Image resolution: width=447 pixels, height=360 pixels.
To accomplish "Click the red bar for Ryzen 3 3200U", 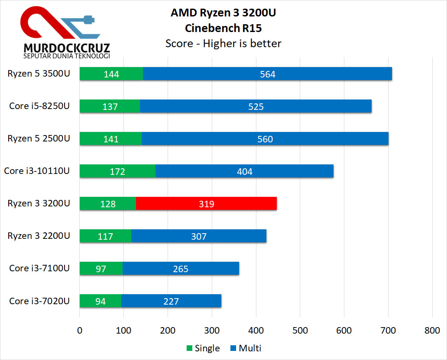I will pyautogui.click(x=206, y=203).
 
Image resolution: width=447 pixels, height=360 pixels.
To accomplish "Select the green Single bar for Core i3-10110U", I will pyautogui.click(x=117, y=171).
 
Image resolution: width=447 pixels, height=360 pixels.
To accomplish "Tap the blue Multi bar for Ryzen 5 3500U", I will pyautogui.click(x=267, y=74).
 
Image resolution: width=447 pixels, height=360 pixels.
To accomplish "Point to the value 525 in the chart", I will pyautogui.click(x=256, y=106).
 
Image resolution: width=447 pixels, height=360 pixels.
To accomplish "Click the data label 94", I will pyautogui.click(x=100, y=301).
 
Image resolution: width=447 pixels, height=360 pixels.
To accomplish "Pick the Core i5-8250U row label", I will pyautogui.click(x=39, y=106).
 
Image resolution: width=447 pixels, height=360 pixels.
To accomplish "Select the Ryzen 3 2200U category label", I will pyautogui.click(x=39, y=236).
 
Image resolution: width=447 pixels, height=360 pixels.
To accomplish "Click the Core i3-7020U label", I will pyautogui.click(x=39, y=301).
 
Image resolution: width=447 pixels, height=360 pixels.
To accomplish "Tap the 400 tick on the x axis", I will pyautogui.click(x=256, y=331).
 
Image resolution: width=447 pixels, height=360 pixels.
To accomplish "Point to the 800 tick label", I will pyautogui.click(x=432, y=331).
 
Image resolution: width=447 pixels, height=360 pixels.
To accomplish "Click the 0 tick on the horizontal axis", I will pyautogui.click(x=80, y=331).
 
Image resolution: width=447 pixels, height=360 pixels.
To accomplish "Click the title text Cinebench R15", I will pyautogui.click(x=223, y=28).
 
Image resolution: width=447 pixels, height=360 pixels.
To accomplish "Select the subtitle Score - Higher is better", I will pyautogui.click(x=223, y=43).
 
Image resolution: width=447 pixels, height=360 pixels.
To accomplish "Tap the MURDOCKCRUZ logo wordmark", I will pyautogui.click(x=67, y=47).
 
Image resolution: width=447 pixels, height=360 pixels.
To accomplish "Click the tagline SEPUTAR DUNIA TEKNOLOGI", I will pyautogui.click(x=67, y=56).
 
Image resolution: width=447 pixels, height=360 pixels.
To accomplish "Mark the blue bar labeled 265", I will pyautogui.click(x=181, y=269).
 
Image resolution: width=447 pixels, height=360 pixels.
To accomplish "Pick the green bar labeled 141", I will pyautogui.click(x=110, y=139).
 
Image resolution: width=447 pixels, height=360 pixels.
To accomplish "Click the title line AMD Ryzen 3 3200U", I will pyautogui.click(x=223, y=13).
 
